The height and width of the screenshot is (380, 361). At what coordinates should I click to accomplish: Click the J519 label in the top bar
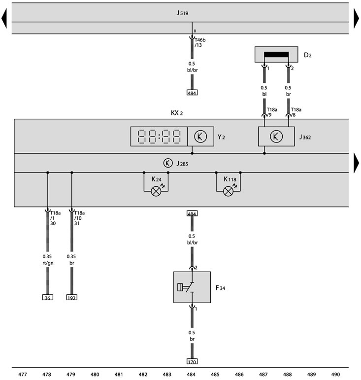click(x=182, y=13)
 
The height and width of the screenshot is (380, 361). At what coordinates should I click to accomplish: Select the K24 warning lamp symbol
click(x=156, y=191)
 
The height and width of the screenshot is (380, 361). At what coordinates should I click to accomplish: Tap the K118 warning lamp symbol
click(x=228, y=191)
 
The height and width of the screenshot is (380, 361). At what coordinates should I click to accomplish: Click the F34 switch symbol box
click(x=192, y=287)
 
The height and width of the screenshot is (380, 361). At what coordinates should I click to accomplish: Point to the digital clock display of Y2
click(x=159, y=137)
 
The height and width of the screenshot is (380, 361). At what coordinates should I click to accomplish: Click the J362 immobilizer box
click(x=276, y=137)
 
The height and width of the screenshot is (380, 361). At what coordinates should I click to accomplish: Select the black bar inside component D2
click(x=276, y=55)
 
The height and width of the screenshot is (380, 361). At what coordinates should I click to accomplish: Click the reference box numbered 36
click(x=47, y=297)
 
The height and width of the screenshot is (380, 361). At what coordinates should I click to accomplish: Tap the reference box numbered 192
click(x=72, y=297)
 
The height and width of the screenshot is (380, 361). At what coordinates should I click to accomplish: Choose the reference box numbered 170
click(x=192, y=361)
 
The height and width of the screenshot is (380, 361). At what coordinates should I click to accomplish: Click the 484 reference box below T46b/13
click(x=192, y=93)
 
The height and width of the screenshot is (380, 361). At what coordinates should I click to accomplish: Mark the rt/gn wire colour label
click(x=48, y=263)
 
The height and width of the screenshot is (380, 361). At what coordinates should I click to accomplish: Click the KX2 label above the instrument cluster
click(x=177, y=113)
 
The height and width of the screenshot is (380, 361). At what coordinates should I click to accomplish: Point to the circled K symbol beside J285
click(x=168, y=163)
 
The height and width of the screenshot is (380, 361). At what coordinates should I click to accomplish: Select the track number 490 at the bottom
click(x=335, y=375)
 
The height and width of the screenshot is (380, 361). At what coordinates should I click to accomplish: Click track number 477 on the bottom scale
click(x=23, y=375)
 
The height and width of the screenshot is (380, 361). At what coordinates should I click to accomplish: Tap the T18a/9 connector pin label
click(x=272, y=112)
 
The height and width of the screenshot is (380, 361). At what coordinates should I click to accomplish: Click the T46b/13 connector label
click(x=200, y=42)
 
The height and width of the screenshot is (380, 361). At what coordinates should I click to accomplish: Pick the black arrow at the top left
click(x=4, y=18)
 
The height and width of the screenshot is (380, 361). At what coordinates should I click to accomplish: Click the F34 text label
click(x=220, y=288)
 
